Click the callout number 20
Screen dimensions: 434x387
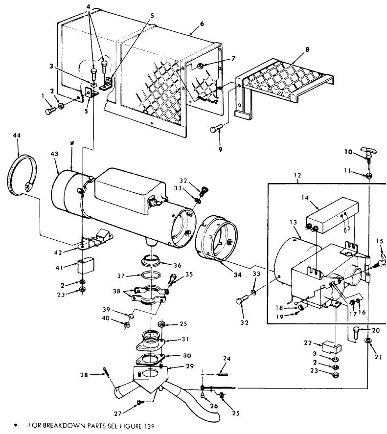pos(376,330)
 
